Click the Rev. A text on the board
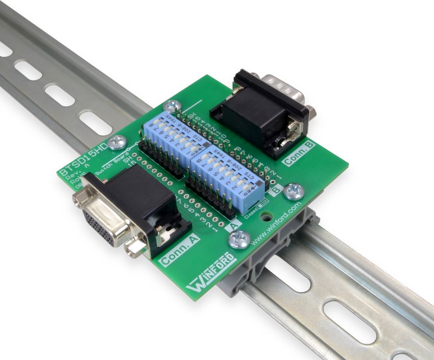(72, 174)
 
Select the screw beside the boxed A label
(238, 238)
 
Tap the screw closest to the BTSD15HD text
(117, 142)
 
